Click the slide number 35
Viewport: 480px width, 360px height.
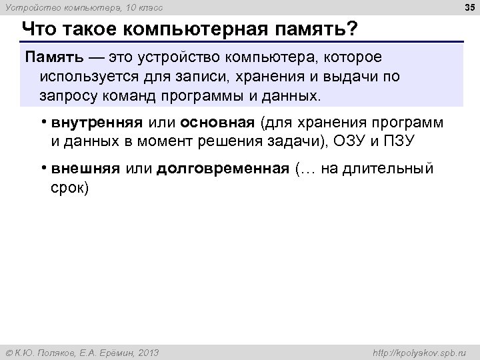tap(466, 7)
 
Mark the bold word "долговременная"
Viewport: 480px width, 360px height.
tap(223, 169)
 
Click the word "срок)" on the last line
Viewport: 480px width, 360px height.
tap(69, 187)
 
